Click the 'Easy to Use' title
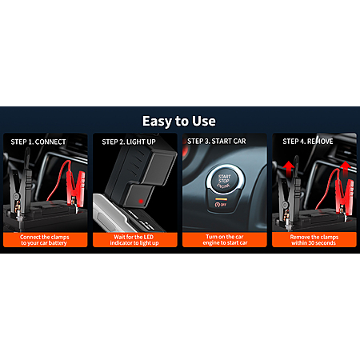point(179,122)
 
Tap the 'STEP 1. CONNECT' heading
point(38,142)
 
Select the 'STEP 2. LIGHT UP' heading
point(129,142)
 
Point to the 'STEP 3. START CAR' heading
point(217,142)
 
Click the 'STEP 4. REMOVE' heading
point(308,142)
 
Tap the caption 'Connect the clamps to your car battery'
point(44,240)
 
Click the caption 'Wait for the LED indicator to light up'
point(134,240)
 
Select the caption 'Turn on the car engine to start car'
point(225,240)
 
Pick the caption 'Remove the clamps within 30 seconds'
point(314,240)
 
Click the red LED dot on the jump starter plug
point(141,202)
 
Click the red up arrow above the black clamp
point(289,168)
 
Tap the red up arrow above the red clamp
point(346,169)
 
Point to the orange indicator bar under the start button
point(222,199)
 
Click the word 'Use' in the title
point(204,122)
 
